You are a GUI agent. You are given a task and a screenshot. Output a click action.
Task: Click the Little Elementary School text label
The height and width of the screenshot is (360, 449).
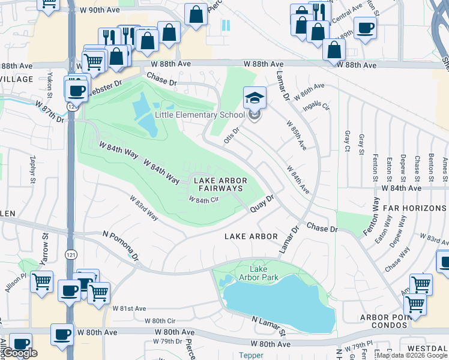200,115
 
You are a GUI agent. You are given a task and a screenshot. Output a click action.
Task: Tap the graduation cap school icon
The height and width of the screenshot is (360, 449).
255,98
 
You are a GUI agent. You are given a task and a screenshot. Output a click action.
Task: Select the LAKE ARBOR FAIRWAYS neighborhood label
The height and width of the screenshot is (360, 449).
217,184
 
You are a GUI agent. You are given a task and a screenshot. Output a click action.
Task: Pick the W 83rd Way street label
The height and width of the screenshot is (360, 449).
145,208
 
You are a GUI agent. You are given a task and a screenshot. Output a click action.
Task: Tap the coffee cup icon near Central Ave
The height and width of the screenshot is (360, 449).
365,28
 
